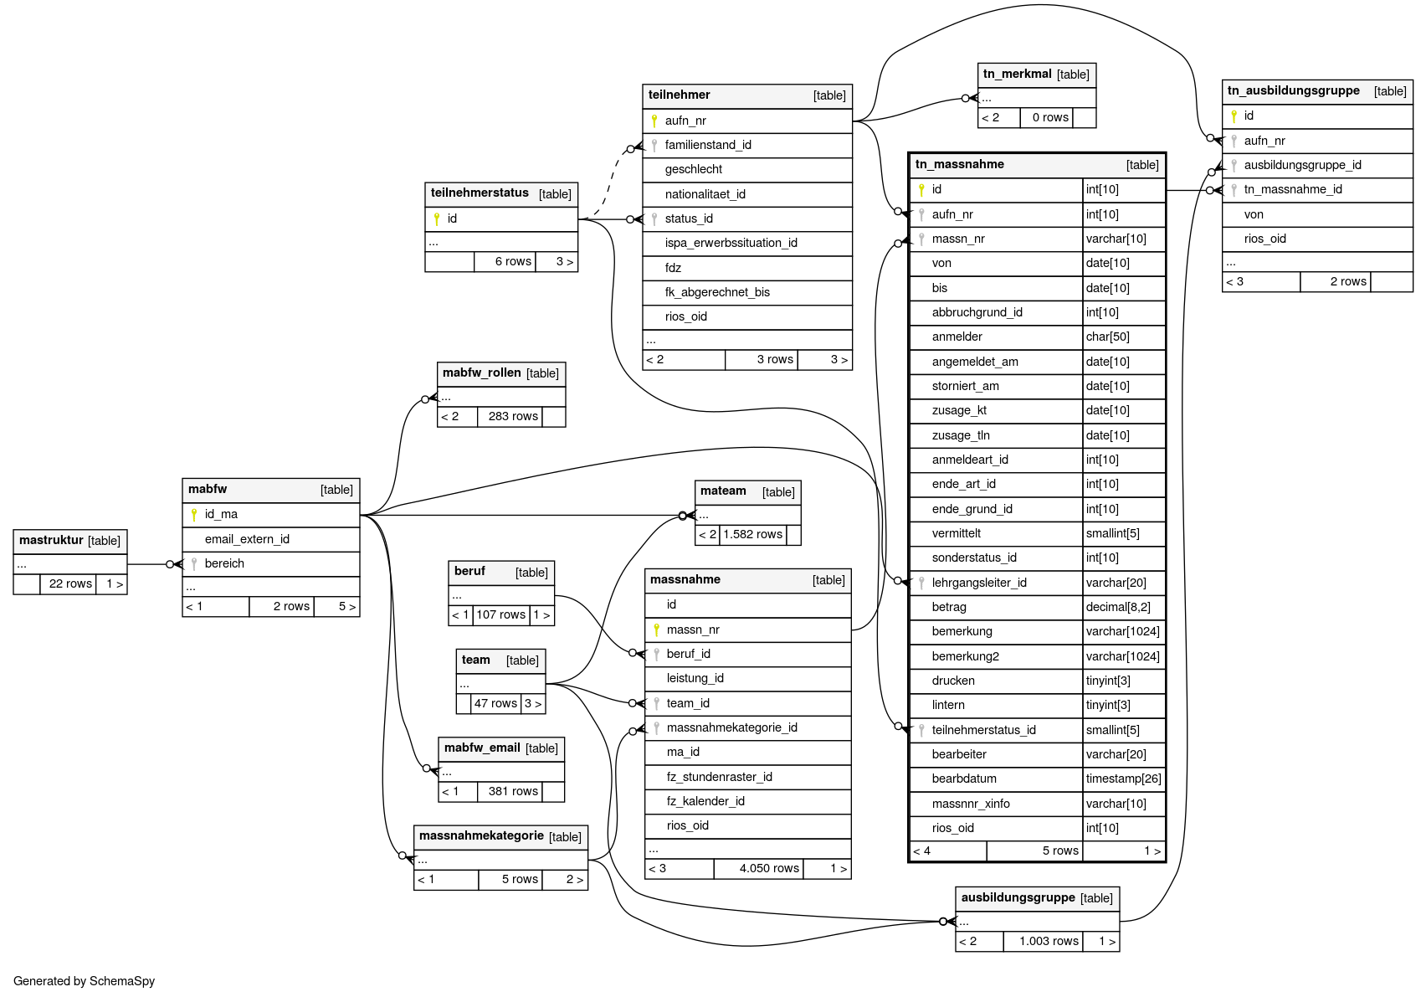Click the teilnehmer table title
[679, 95]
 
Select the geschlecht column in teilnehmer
[693, 169]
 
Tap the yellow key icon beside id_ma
[194, 514]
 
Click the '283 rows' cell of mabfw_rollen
[512, 416]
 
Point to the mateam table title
[723, 491]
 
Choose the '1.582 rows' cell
[752, 534]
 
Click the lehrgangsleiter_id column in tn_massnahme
[978, 583]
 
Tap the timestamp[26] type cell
[1123, 779]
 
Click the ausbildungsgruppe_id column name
[1302, 165]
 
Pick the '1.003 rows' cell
[1049, 941]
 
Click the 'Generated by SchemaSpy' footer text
[85, 981]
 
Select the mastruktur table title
[51, 540]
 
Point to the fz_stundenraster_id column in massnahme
[719, 777]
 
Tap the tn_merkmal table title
[1017, 74]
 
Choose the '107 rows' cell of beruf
[500, 614]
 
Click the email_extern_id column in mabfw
[247, 539]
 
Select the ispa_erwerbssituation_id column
[731, 243]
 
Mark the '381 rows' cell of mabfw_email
[512, 791]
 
